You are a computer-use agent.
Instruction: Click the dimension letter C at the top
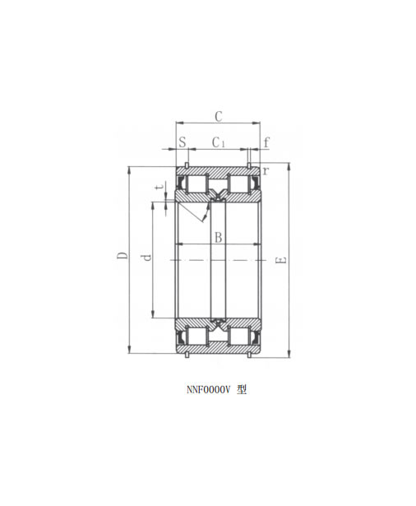pyautogui.click(x=219, y=116)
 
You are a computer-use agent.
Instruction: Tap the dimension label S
pyautogui.click(x=183, y=142)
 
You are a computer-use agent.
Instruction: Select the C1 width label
pyautogui.click(x=218, y=142)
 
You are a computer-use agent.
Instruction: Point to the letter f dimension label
pyautogui.click(x=266, y=142)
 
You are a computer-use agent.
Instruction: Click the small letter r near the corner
pyautogui.click(x=266, y=170)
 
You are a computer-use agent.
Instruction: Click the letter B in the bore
pyautogui.click(x=219, y=238)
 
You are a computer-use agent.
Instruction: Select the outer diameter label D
pyautogui.click(x=122, y=256)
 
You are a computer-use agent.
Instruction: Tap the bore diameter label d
pyautogui.click(x=146, y=258)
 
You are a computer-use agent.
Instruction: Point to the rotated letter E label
pyautogui.click(x=281, y=260)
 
